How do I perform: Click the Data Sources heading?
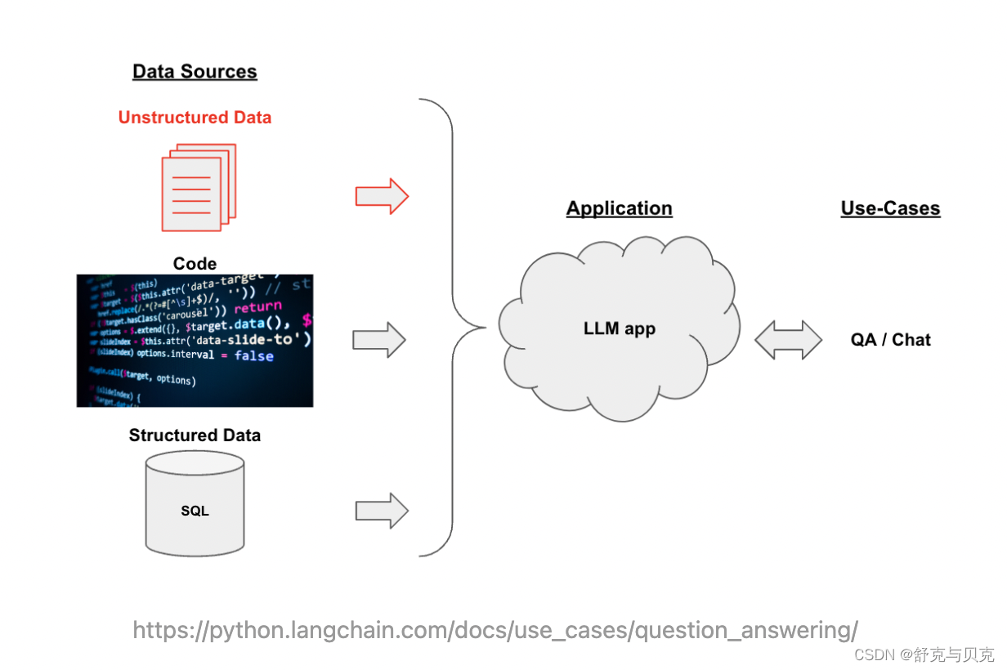coord(195,72)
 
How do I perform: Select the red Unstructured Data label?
coord(195,118)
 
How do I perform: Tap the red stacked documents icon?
coord(198,187)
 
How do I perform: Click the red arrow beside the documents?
coord(382,196)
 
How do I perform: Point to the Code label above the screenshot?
coord(195,264)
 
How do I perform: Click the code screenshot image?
coord(195,341)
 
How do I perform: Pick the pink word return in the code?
coord(258,308)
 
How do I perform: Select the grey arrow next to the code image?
coord(379,340)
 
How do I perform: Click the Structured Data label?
coord(195,435)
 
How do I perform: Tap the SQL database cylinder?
coord(195,505)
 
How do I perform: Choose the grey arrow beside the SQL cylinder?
coord(382,511)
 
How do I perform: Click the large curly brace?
coord(452,327)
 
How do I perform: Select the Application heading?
coord(619,208)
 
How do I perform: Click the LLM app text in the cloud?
coord(619,329)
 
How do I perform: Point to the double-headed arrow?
coord(788,340)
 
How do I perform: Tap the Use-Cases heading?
coord(890,208)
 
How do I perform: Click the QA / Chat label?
coord(890,340)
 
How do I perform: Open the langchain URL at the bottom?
coord(495,630)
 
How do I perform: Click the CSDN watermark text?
coord(923,654)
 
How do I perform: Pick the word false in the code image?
coord(254,356)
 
